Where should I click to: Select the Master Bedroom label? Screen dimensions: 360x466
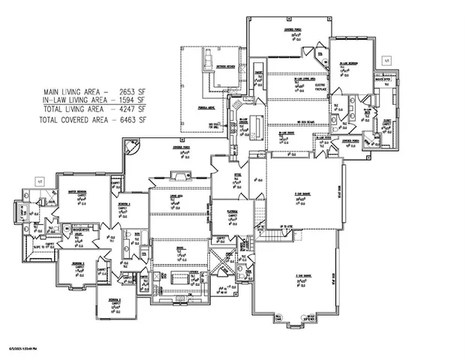click(x=75, y=192)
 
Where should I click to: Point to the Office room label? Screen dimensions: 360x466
click(x=236, y=175)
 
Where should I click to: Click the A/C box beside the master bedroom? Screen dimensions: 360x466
click(x=40, y=180)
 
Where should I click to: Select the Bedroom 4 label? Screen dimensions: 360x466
click(x=124, y=203)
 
